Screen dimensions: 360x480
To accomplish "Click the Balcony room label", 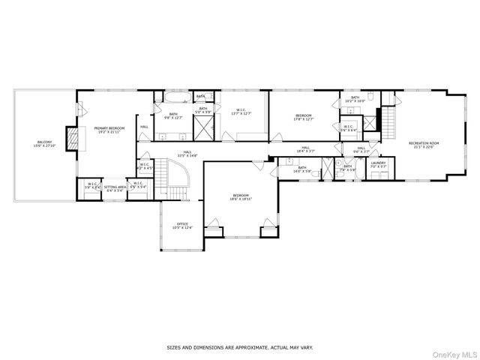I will coord(44,144).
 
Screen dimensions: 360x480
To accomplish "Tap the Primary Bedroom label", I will coord(109,130).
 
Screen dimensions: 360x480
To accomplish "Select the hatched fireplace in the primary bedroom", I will coord(73,137).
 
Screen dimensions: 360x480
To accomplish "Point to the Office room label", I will coord(184,226).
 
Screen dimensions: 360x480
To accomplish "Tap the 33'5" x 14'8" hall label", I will coord(187,154).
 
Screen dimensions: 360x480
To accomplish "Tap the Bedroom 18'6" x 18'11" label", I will coord(241,197).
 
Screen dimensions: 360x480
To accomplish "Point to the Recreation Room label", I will coord(423,145).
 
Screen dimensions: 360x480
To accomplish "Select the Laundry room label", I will coord(378,164).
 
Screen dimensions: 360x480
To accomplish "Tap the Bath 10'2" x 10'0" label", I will coord(355,99).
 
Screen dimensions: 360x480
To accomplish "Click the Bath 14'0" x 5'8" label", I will coord(301,169).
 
